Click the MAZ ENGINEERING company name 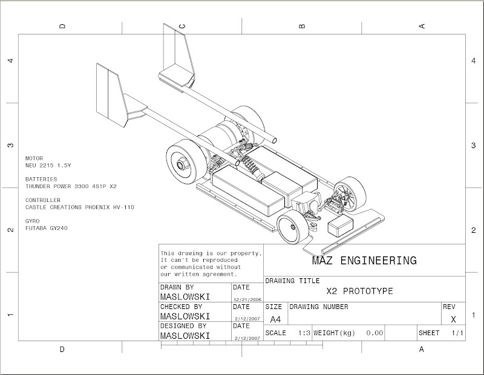tap(364, 261)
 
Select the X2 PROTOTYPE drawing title tap(359, 291)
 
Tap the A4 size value tap(275, 319)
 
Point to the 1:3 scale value tap(304, 333)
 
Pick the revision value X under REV tap(454, 319)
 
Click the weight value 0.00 tap(375, 333)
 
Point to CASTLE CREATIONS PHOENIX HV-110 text tap(80, 207)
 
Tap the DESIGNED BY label tap(183, 325)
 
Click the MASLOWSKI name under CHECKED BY tap(185, 316)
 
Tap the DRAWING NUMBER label tap(319, 307)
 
